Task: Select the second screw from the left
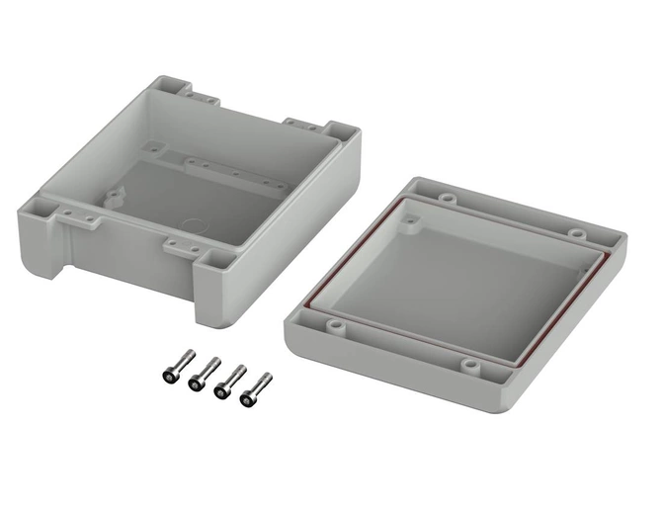[x=202, y=374]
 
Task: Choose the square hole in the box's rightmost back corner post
[x=341, y=131]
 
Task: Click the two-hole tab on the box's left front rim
[x=76, y=214]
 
